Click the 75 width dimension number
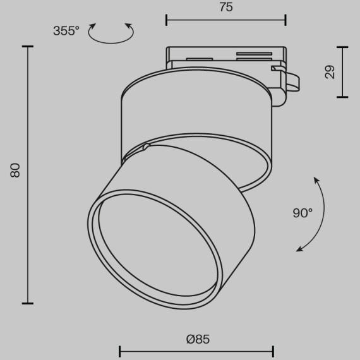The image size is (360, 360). pos(225,8)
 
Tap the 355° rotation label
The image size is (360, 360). pos(66,30)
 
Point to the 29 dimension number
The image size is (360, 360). pos(330,72)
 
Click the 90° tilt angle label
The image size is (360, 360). pos(303,213)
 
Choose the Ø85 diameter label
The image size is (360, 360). pos(198,339)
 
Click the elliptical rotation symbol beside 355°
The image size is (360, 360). pos(111,33)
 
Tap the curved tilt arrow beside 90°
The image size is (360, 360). pos(320,215)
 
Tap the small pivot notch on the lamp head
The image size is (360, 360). pos(147,147)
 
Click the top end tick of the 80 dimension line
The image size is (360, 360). pos(27,47)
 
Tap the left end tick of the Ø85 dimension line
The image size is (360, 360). pos(120,351)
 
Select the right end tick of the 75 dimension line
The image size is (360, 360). pos(285,20)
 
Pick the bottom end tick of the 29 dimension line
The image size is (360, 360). pos(342,97)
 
